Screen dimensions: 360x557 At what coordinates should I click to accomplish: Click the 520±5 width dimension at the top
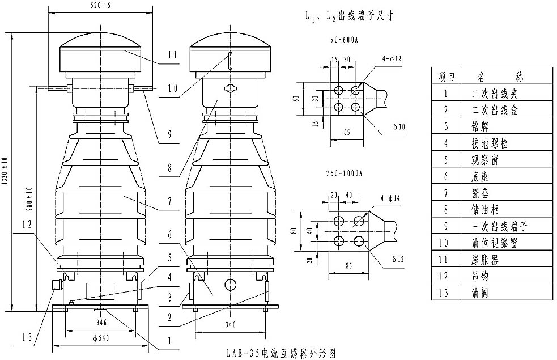point(100,6)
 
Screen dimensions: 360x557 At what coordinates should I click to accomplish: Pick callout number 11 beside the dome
point(173,55)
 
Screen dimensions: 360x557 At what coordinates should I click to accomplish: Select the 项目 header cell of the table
point(445,75)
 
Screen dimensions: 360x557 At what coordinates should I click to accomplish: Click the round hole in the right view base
point(229,284)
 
